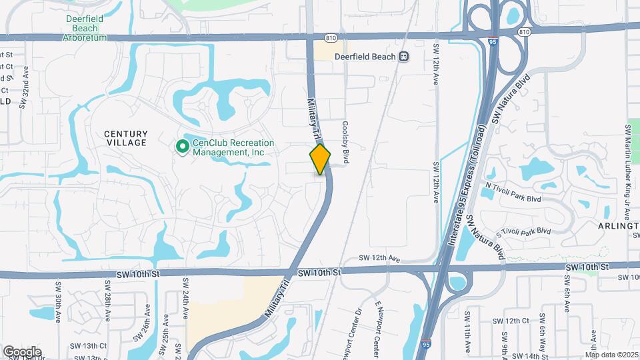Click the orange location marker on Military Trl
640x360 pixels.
320,159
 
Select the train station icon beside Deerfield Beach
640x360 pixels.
404,57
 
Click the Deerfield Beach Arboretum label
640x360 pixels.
84,28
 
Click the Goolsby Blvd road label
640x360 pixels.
346,144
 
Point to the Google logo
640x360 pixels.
22,351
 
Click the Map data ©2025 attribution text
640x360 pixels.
612,355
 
